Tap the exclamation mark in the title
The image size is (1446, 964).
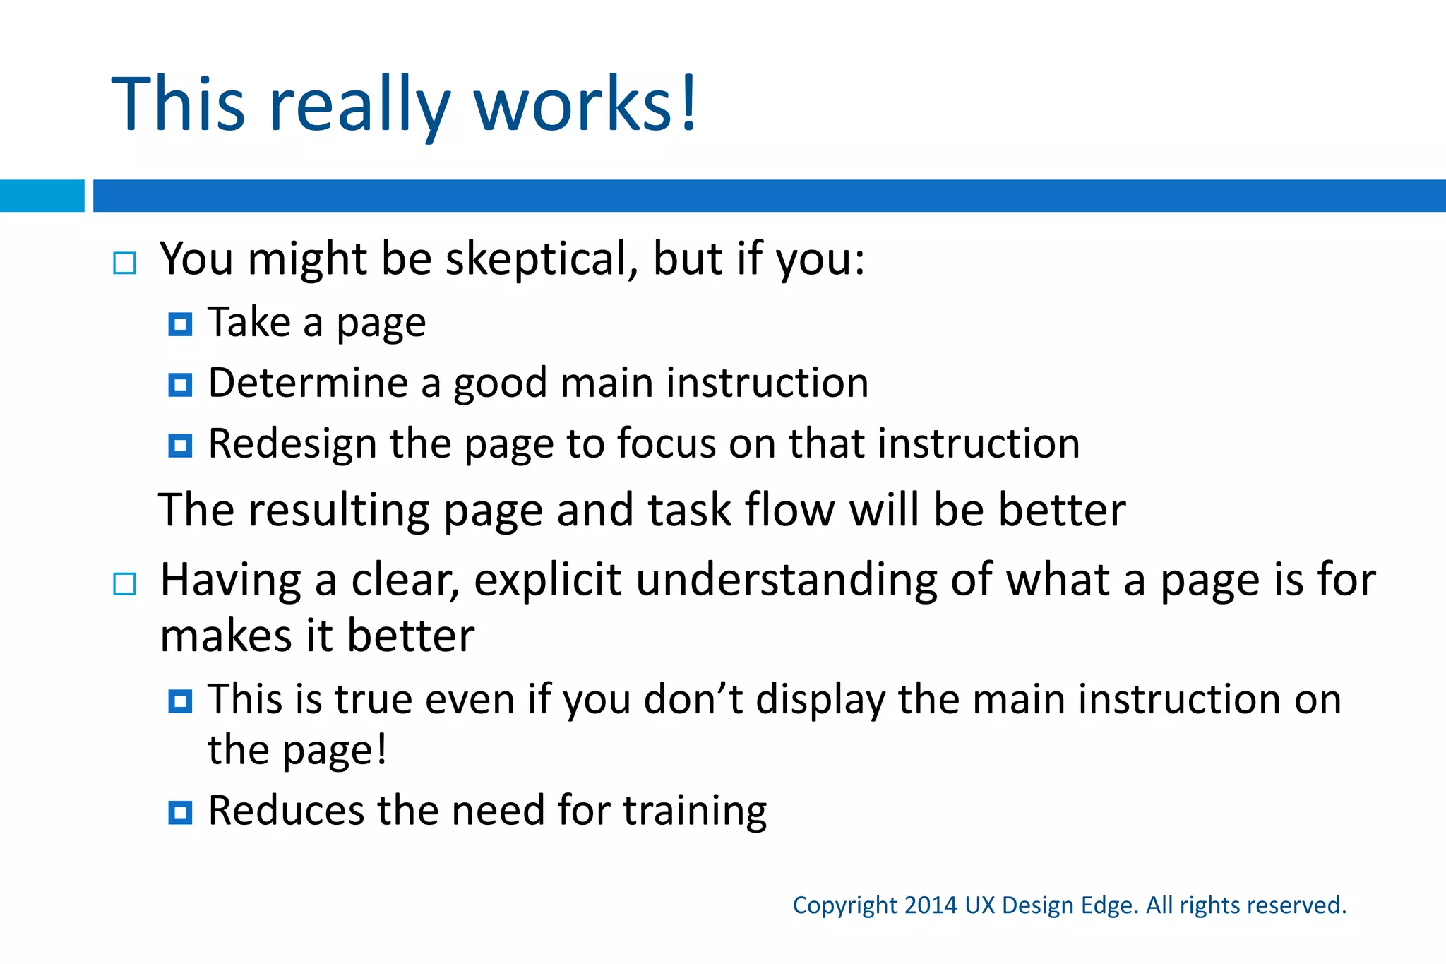[688, 103]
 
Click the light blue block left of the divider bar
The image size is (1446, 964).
[42, 196]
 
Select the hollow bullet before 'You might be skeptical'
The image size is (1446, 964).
[124, 263]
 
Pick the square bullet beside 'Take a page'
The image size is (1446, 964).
[180, 324]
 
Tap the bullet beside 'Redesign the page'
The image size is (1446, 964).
[180, 446]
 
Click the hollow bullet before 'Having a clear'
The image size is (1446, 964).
[124, 584]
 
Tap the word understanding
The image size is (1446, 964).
[786, 581]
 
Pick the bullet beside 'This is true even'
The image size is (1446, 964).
[180, 701]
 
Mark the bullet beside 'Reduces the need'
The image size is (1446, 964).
[180, 812]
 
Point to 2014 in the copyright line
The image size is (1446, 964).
[931, 905]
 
